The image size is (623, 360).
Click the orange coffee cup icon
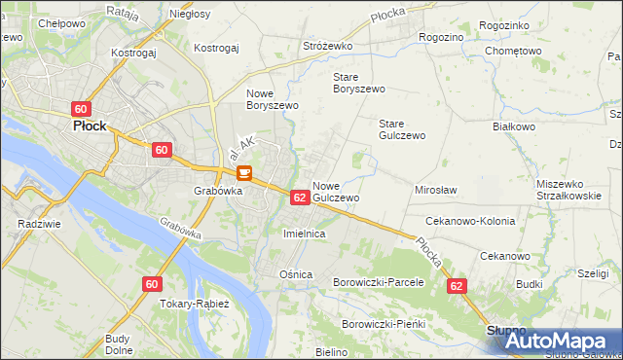pyautogui.click(x=243, y=174)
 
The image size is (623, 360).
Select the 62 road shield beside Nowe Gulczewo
pyautogui.click(x=300, y=198)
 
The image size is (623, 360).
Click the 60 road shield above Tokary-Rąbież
pyautogui.click(x=151, y=284)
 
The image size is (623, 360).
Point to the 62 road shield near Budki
pyautogui.click(x=458, y=286)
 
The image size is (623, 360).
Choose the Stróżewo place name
pyautogui.click(x=327, y=45)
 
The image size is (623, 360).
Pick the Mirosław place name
pyautogui.click(x=436, y=191)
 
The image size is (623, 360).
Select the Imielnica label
pyautogui.click(x=303, y=234)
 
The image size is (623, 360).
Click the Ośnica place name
pyautogui.click(x=296, y=274)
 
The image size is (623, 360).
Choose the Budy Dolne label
pyautogui.click(x=118, y=344)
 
